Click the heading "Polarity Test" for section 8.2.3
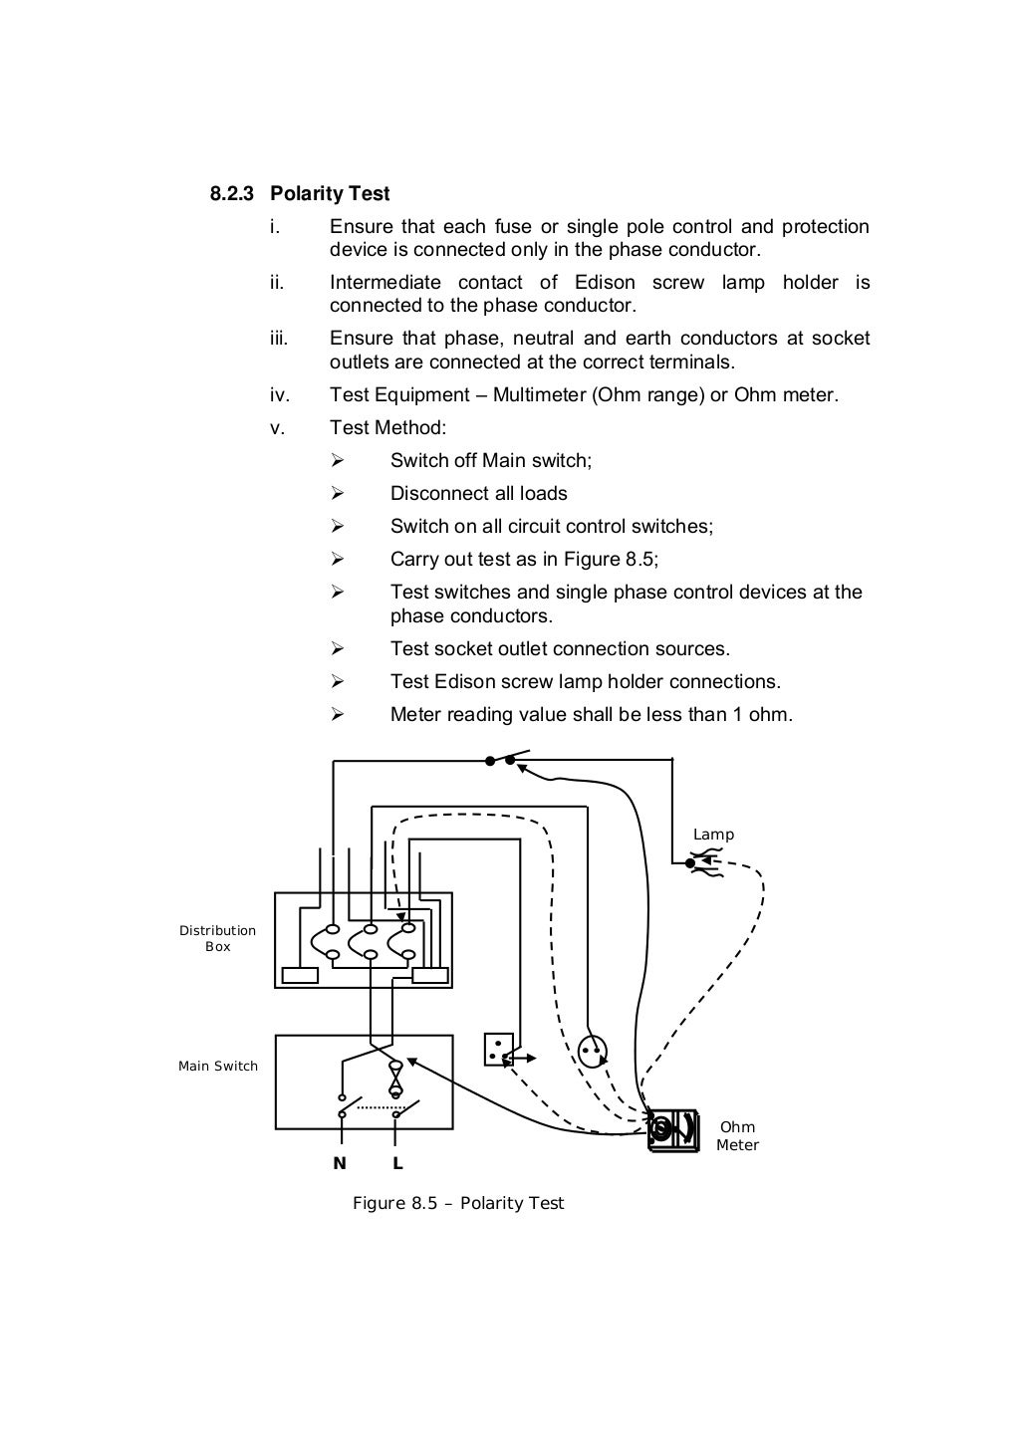point(330,193)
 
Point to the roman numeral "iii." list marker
point(279,339)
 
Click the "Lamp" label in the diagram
point(713,835)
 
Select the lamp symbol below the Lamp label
point(693,862)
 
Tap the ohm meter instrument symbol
point(673,1128)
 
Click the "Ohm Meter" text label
point(737,1136)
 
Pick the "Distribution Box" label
point(217,938)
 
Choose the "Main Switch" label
point(217,1066)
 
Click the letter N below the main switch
point(340,1163)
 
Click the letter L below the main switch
point(397,1163)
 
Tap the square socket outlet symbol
point(498,1049)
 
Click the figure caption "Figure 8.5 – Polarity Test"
point(458,1203)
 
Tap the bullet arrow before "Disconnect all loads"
point(337,494)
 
